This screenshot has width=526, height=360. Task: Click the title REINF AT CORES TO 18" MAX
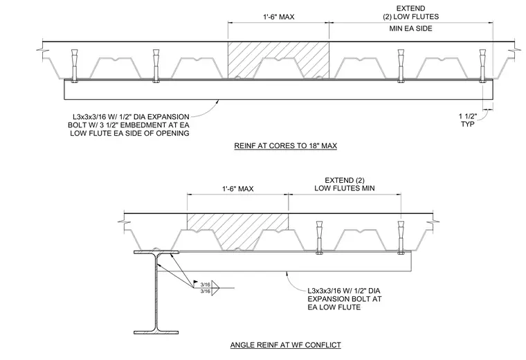pos(285,145)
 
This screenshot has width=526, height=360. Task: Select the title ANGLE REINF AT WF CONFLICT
pos(285,345)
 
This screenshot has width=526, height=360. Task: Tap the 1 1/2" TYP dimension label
pos(468,120)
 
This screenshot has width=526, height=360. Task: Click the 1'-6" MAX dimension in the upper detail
pos(278,17)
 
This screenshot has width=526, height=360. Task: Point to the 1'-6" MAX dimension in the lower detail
pos(238,189)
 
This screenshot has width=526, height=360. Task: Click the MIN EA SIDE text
pos(410,28)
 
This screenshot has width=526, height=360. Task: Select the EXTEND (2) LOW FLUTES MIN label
pos(345,184)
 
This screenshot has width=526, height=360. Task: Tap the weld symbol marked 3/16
pos(210,287)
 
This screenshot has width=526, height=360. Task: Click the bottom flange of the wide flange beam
pos(156,332)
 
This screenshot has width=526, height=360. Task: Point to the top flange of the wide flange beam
pos(156,252)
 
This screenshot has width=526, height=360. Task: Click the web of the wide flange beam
pos(156,292)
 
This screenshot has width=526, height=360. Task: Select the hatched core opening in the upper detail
pos(278,60)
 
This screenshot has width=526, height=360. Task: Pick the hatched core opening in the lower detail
pos(238,232)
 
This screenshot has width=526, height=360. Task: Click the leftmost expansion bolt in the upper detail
pos(75,66)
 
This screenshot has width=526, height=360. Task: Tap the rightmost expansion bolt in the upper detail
pos(482,66)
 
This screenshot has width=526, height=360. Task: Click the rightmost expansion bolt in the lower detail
pos(400,237)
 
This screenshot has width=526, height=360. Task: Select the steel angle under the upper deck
pos(279,89)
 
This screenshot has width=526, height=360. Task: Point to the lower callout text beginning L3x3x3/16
pos(345,299)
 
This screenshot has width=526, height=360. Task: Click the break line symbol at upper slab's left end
pos(43,51)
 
